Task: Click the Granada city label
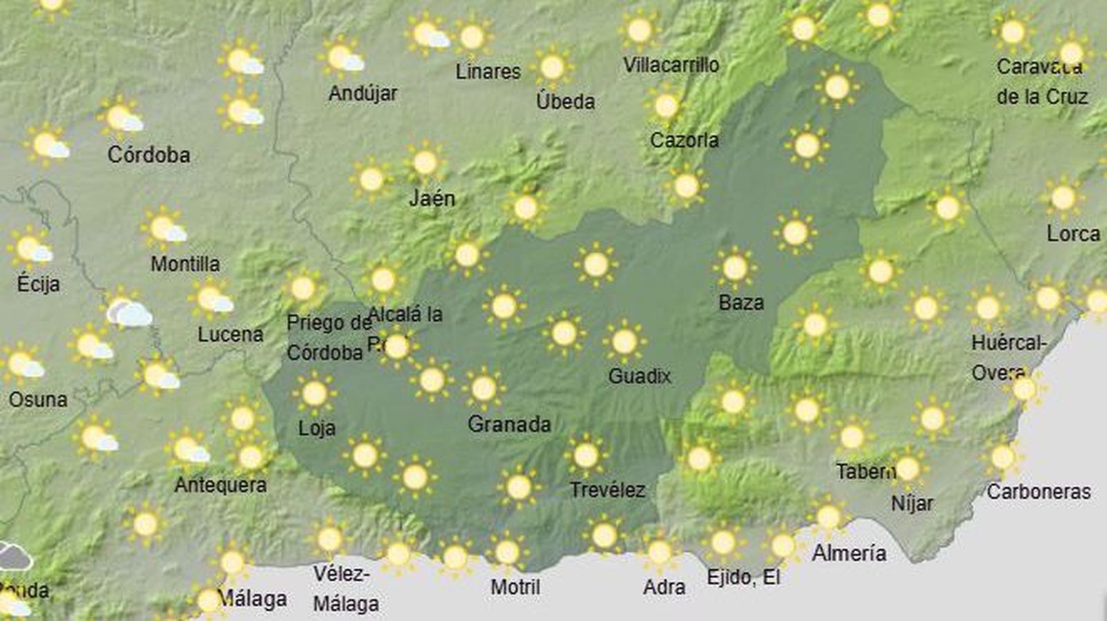click(x=509, y=424)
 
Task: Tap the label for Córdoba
click(x=149, y=154)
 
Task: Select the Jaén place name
click(x=432, y=198)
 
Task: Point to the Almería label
click(x=849, y=553)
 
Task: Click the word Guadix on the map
click(x=639, y=376)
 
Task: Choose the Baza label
click(x=741, y=302)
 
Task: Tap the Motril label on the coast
click(x=515, y=587)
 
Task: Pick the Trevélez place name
click(x=607, y=490)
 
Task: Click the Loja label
click(x=317, y=428)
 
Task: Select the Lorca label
click(x=1073, y=234)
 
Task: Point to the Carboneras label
click(x=1039, y=492)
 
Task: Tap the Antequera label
click(x=220, y=485)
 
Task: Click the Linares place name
click(x=488, y=71)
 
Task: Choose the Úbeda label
click(x=565, y=102)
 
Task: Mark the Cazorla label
click(x=684, y=140)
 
